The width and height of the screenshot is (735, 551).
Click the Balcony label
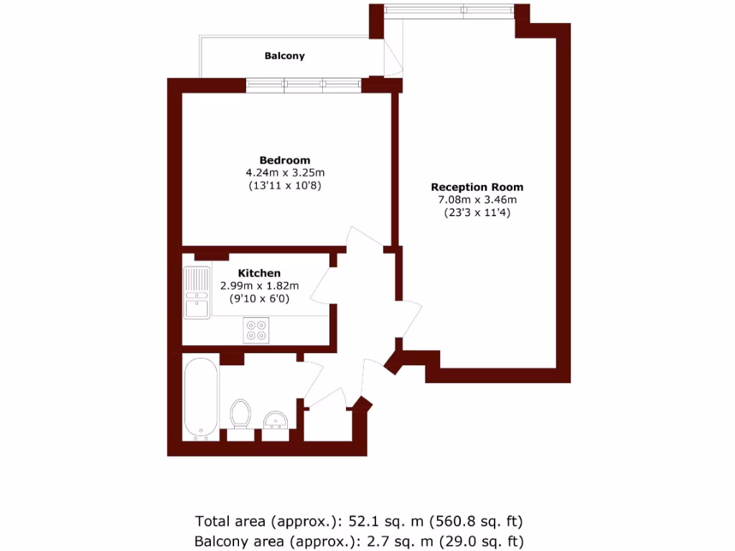point(284,56)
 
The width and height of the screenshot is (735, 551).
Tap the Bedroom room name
point(285,160)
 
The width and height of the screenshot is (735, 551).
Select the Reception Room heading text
point(477,187)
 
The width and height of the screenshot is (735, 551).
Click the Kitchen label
point(259,273)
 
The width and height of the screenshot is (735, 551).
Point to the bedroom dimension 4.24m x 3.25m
point(285,172)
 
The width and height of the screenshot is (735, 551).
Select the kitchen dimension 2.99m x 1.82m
point(259,286)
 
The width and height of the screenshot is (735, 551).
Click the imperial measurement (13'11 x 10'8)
point(285,185)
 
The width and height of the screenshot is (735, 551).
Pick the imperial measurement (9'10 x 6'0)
point(259,298)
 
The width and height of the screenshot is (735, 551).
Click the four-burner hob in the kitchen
point(256,330)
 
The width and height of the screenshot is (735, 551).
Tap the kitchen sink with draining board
point(197,293)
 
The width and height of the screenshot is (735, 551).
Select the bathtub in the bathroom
point(200,399)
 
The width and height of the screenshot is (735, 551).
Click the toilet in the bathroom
point(241,415)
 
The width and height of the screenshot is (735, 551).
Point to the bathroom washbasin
point(276,420)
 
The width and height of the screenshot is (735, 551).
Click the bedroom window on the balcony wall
point(304,85)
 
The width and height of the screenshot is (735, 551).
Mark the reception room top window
point(449,10)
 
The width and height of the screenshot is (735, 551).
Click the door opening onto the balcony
point(393,56)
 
